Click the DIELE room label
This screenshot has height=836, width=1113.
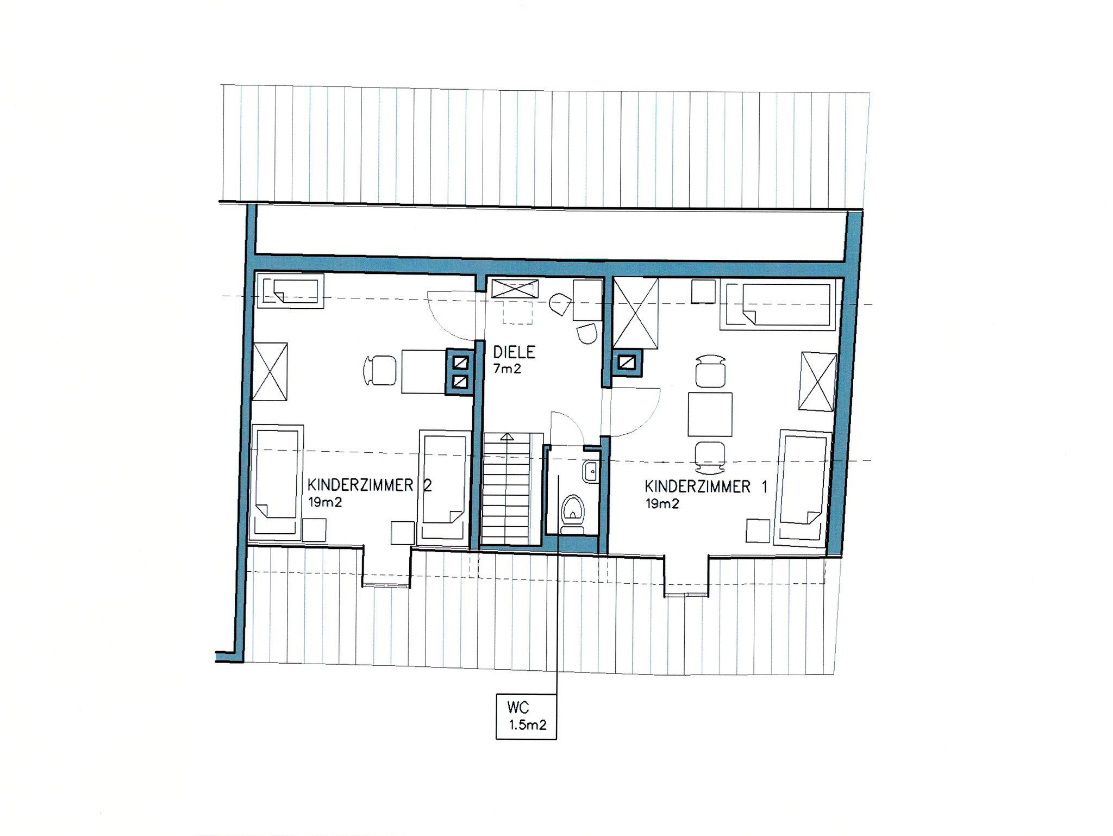tap(514, 352)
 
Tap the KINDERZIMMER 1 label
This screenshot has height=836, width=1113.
tap(706, 486)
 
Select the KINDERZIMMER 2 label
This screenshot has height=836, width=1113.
tap(370, 485)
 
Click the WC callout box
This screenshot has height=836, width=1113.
tap(526, 716)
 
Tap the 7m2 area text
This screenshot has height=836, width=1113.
tap(507, 369)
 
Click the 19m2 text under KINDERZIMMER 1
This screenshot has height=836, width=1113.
tap(662, 503)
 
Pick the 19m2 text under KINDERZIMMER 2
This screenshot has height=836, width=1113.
tap(325, 502)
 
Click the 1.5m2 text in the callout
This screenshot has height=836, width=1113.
tap(527, 725)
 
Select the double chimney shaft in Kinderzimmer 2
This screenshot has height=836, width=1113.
tap(460, 372)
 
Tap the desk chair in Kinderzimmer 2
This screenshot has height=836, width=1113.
tap(379, 371)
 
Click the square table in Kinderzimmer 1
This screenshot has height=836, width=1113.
tap(710, 414)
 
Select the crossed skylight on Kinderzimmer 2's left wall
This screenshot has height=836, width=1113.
tap(270, 372)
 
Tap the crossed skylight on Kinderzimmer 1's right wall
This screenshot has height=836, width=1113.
tap(818, 382)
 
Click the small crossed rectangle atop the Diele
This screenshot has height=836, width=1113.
tap(515, 289)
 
